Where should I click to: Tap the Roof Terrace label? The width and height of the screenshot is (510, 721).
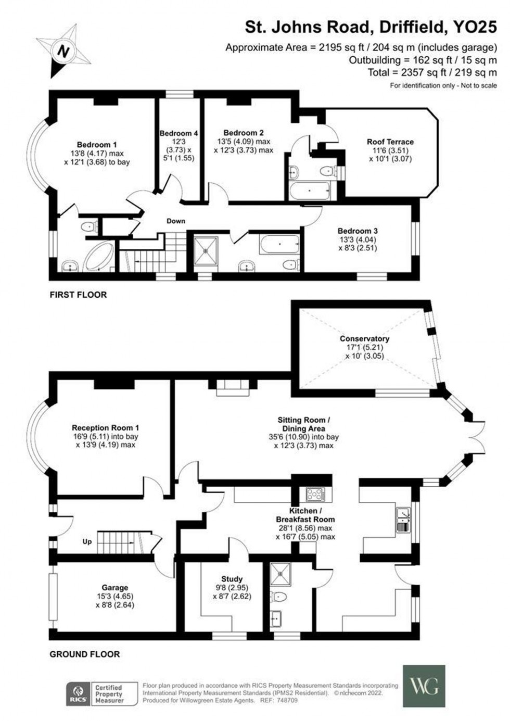click(390, 142)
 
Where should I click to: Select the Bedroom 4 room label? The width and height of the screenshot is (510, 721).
click(178, 133)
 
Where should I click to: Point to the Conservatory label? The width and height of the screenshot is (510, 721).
click(364, 339)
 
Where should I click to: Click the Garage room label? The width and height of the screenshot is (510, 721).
click(114, 588)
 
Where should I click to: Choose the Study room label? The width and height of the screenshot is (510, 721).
click(232, 579)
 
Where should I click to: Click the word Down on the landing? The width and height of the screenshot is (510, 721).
click(176, 221)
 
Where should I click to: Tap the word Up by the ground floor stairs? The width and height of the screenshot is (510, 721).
click(87, 541)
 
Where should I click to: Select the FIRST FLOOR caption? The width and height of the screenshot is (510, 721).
click(78, 295)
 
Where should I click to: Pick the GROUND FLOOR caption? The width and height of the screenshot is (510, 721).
click(84, 654)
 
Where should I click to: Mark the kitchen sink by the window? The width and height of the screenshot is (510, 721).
click(403, 516)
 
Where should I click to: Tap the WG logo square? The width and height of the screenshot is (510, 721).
click(424, 686)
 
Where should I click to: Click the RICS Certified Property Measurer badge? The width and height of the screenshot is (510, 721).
click(101, 694)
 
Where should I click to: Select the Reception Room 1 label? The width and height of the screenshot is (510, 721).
click(106, 428)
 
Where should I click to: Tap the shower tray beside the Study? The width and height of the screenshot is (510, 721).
click(280, 575)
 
